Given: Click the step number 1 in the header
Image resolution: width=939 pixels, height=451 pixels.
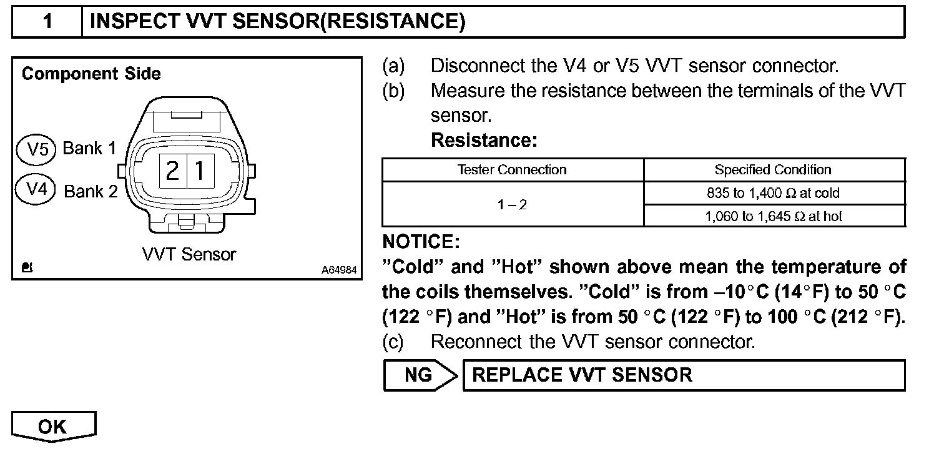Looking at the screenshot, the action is tap(47, 22).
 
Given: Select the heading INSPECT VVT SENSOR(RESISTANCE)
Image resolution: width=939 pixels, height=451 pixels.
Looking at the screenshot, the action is tap(277, 22).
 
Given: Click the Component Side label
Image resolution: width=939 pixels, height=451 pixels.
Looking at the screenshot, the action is tap(91, 74).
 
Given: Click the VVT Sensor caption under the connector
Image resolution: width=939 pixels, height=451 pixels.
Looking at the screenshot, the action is tap(189, 254).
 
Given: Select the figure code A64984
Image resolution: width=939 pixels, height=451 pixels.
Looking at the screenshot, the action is tap(340, 270).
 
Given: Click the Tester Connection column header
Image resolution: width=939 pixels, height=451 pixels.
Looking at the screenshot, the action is tap(512, 169).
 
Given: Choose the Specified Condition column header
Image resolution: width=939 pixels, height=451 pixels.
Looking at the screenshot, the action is tap(773, 169).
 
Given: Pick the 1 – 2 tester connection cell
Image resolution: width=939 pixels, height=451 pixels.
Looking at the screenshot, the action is tap(512, 204).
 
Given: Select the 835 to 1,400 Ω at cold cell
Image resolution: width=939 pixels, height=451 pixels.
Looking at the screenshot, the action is tap(773, 193).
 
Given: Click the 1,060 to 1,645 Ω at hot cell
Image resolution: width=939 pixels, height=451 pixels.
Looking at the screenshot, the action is tap(773, 216).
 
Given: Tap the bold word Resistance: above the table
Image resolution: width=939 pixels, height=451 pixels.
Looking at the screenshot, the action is tap(484, 141).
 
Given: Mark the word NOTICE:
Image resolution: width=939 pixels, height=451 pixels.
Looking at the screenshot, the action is tap(420, 241).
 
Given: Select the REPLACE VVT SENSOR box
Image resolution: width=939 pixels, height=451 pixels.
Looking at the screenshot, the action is tap(683, 375).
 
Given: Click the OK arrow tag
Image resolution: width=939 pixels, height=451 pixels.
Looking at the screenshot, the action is tap(54, 427).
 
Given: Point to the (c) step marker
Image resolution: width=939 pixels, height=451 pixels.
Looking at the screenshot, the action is tap(393, 342).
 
